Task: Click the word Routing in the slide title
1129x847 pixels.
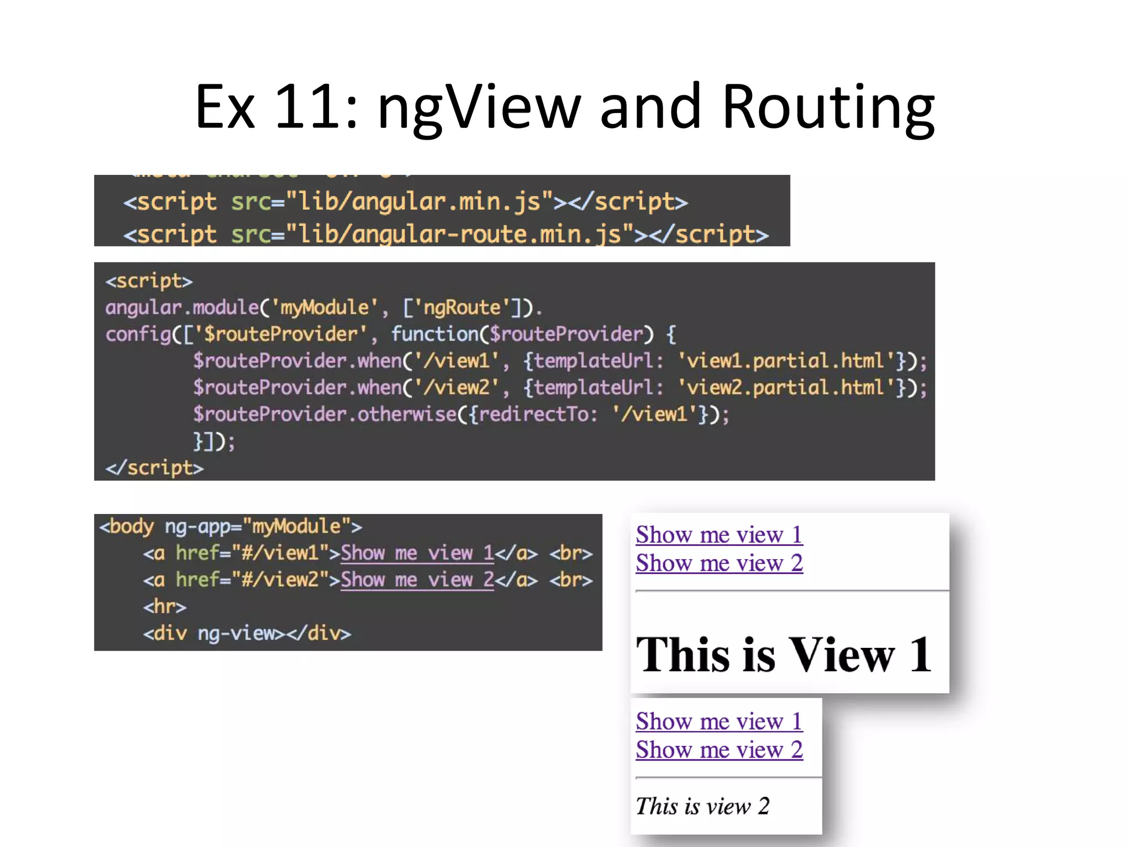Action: [828, 107]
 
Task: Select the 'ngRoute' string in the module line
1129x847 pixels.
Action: [461, 308]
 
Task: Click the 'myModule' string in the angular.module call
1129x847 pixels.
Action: [324, 308]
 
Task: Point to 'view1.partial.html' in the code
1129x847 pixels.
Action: [785, 361]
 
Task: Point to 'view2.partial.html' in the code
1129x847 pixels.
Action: [785, 388]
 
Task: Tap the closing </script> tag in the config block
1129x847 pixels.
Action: [154, 468]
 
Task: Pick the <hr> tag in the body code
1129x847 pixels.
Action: [164, 607]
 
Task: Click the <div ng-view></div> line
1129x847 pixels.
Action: [247, 634]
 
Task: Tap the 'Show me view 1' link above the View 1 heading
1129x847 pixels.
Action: [719, 535]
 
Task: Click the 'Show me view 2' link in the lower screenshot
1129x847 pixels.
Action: [719, 750]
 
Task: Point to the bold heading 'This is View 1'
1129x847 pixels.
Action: [783, 655]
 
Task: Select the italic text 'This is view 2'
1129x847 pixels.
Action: [702, 806]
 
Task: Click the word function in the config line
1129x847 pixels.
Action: [435, 334]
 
